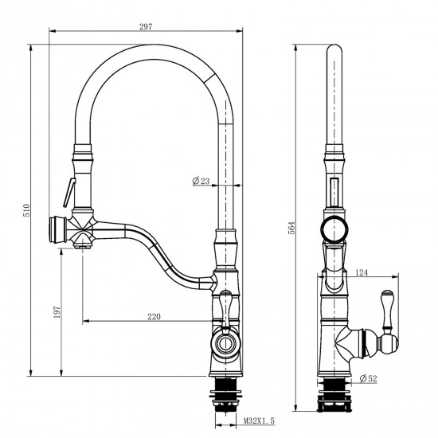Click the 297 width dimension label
pos(146,26)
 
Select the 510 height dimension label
pos(26,210)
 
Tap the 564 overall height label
pos(291,228)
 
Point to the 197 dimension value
pos(57,312)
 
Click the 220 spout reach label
pos(154,316)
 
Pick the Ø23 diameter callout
pos(201,181)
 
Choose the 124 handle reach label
pos(362,272)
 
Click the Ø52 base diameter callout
pos(369,378)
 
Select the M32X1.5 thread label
pos(260,420)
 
